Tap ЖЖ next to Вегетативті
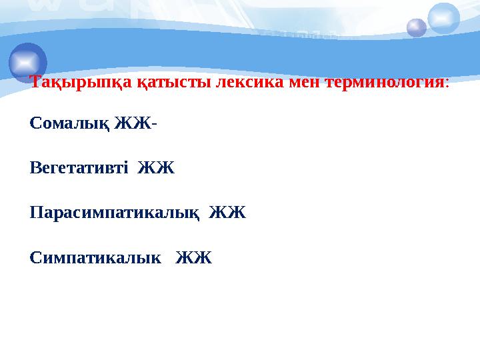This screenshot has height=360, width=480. click(x=156, y=168)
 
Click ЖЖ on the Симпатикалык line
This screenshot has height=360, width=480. click(x=193, y=258)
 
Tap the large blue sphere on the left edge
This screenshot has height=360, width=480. click(x=28, y=61)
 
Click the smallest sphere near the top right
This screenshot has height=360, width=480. click(x=417, y=28)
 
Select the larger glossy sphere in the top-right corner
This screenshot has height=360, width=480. click(x=443, y=18)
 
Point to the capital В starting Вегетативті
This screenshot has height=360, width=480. click(x=35, y=168)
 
